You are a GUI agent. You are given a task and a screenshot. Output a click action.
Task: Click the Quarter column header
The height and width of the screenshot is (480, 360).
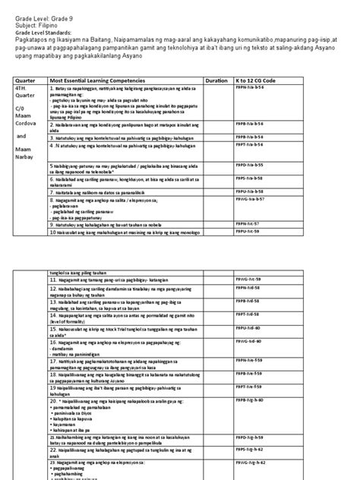28,79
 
